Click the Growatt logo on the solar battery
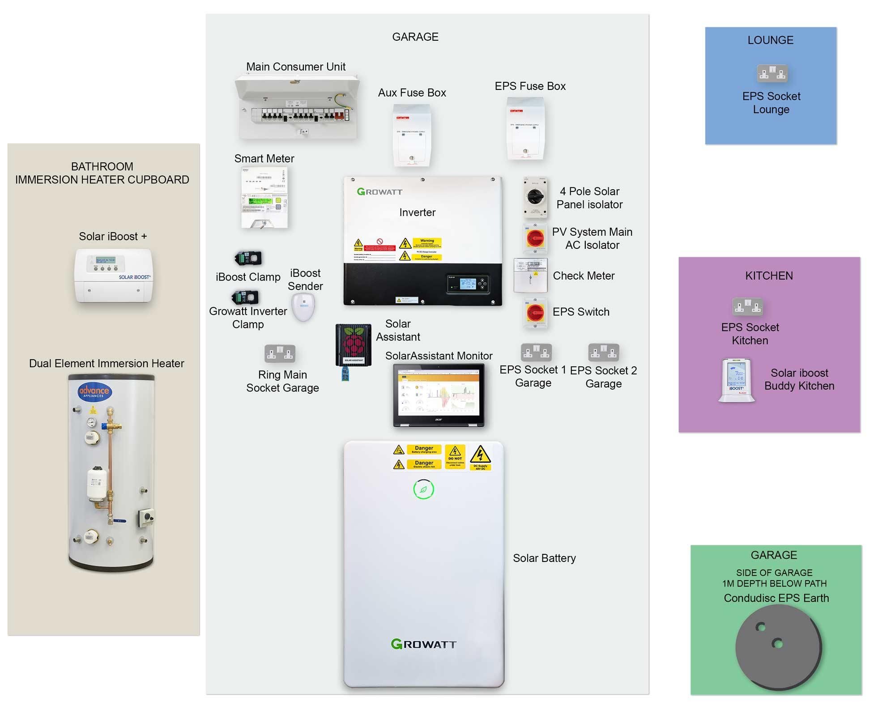click(x=423, y=644)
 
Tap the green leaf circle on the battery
click(x=423, y=489)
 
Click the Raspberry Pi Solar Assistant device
click(x=354, y=344)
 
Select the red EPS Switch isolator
click(x=535, y=313)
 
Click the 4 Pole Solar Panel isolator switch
click(x=535, y=197)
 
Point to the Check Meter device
click(x=531, y=275)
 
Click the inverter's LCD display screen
click(x=468, y=283)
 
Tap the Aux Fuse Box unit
click(x=412, y=135)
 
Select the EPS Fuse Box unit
click(x=525, y=129)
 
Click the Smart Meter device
click(x=264, y=197)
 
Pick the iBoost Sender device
click(x=303, y=307)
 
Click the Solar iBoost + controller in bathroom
click(x=114, y=275)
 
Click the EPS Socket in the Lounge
click(x=772, y=73)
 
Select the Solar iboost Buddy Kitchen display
click(x=736, y=380)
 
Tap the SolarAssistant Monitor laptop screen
click(x=439, y=392)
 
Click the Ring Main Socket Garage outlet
click(x=280, y=353)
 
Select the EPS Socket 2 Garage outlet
click(x=603, y=353)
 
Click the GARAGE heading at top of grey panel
click(x=415, y=37)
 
